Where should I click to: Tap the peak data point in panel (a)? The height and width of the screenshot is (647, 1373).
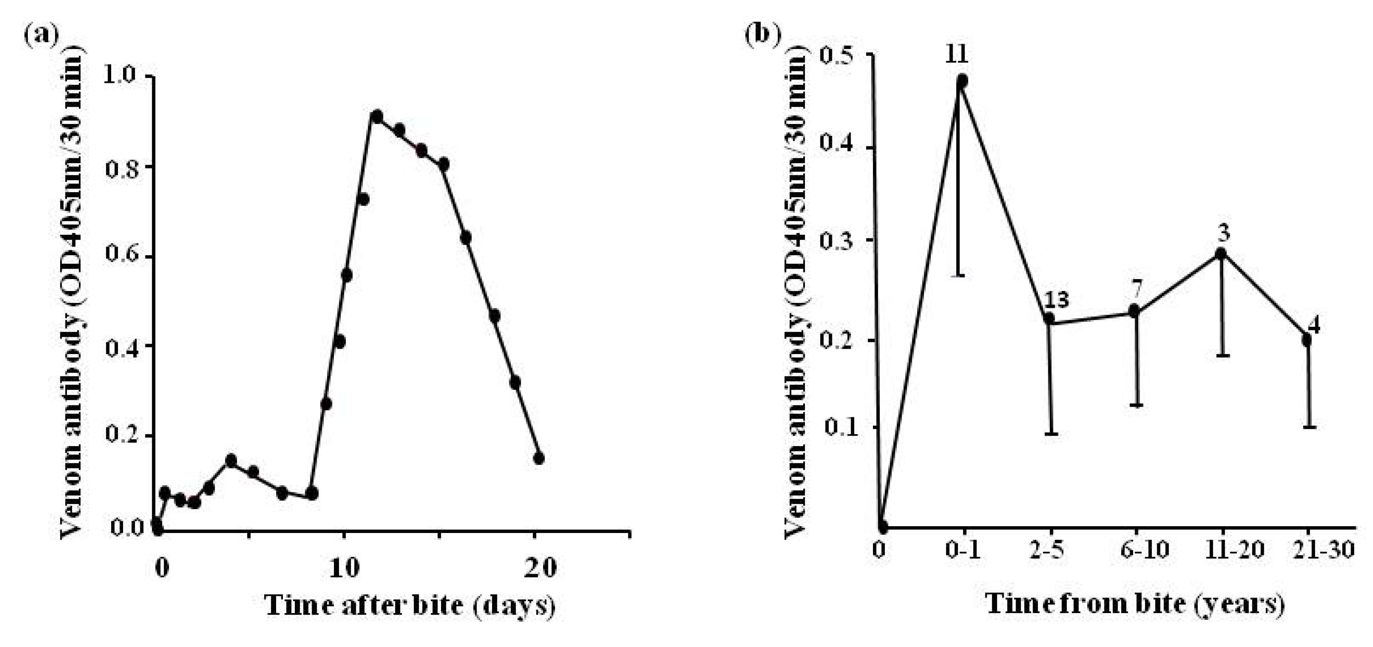(377, 116)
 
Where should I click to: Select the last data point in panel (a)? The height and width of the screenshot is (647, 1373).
(538, 458)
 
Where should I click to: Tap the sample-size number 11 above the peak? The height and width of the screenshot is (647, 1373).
(957, 54)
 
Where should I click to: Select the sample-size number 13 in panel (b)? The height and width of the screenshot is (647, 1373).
(1056, 300)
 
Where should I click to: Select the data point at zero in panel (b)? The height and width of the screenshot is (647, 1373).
(882, 527)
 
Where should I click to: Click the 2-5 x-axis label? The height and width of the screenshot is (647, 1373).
(1047, 550)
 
